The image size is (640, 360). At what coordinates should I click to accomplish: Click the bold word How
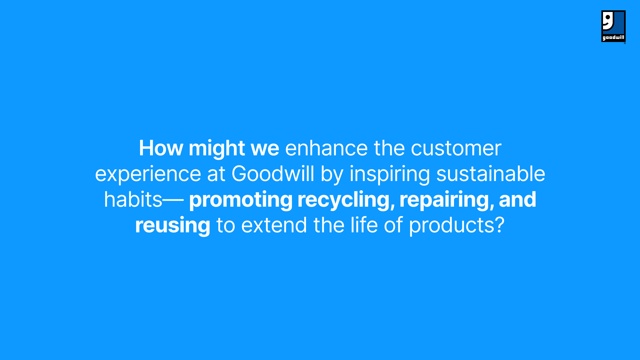point(161,148)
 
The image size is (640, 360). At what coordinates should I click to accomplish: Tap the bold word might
point(217,149)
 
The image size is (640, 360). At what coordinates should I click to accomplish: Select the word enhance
point(326,148)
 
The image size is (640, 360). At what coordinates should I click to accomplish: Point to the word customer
point(456,149)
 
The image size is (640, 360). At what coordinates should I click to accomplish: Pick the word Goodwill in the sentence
point(273,174)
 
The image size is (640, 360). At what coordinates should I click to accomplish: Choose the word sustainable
point(491,174)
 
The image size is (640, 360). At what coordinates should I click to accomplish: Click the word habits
point(133,199)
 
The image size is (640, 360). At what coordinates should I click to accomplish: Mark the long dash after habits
point(173,200)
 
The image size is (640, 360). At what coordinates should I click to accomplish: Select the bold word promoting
point(241,200)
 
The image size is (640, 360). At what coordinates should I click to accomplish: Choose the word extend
point(274,225)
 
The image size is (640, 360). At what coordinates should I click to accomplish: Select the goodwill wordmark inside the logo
point(613,38)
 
